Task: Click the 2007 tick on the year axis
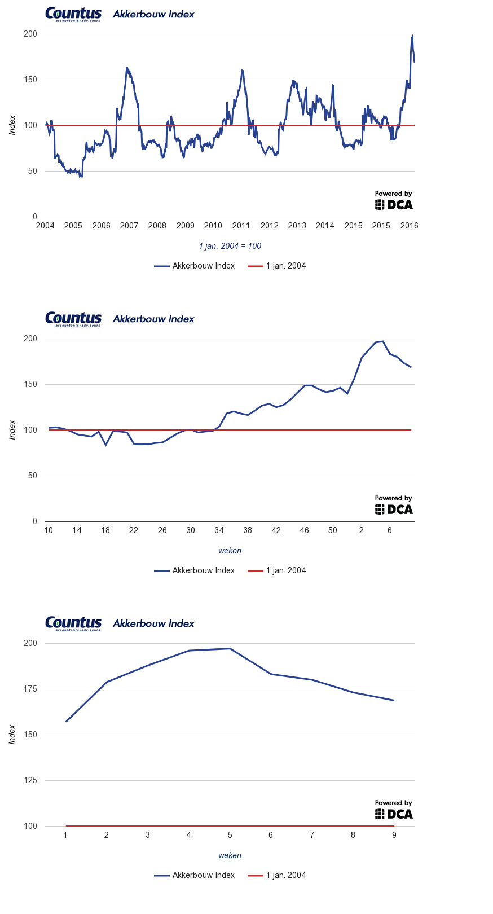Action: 129,226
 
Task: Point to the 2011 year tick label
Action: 241,226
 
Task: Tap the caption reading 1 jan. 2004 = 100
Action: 230,246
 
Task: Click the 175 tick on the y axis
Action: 30,689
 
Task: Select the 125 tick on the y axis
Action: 30,780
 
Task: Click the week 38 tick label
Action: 248,530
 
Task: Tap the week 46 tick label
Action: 305,530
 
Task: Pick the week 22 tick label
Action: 134,530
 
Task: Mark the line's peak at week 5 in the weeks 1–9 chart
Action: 230,648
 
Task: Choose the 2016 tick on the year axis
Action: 409,226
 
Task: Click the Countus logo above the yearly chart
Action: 73,14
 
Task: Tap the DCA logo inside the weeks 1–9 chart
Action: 394,810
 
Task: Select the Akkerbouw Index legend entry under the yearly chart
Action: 195,266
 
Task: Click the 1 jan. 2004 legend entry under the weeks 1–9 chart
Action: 278,875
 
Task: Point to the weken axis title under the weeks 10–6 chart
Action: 230,551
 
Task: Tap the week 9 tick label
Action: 394,835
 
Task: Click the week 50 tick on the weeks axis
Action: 333,530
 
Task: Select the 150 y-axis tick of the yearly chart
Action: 30,80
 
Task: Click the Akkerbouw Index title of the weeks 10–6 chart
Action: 153,319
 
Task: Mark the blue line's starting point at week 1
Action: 66,722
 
